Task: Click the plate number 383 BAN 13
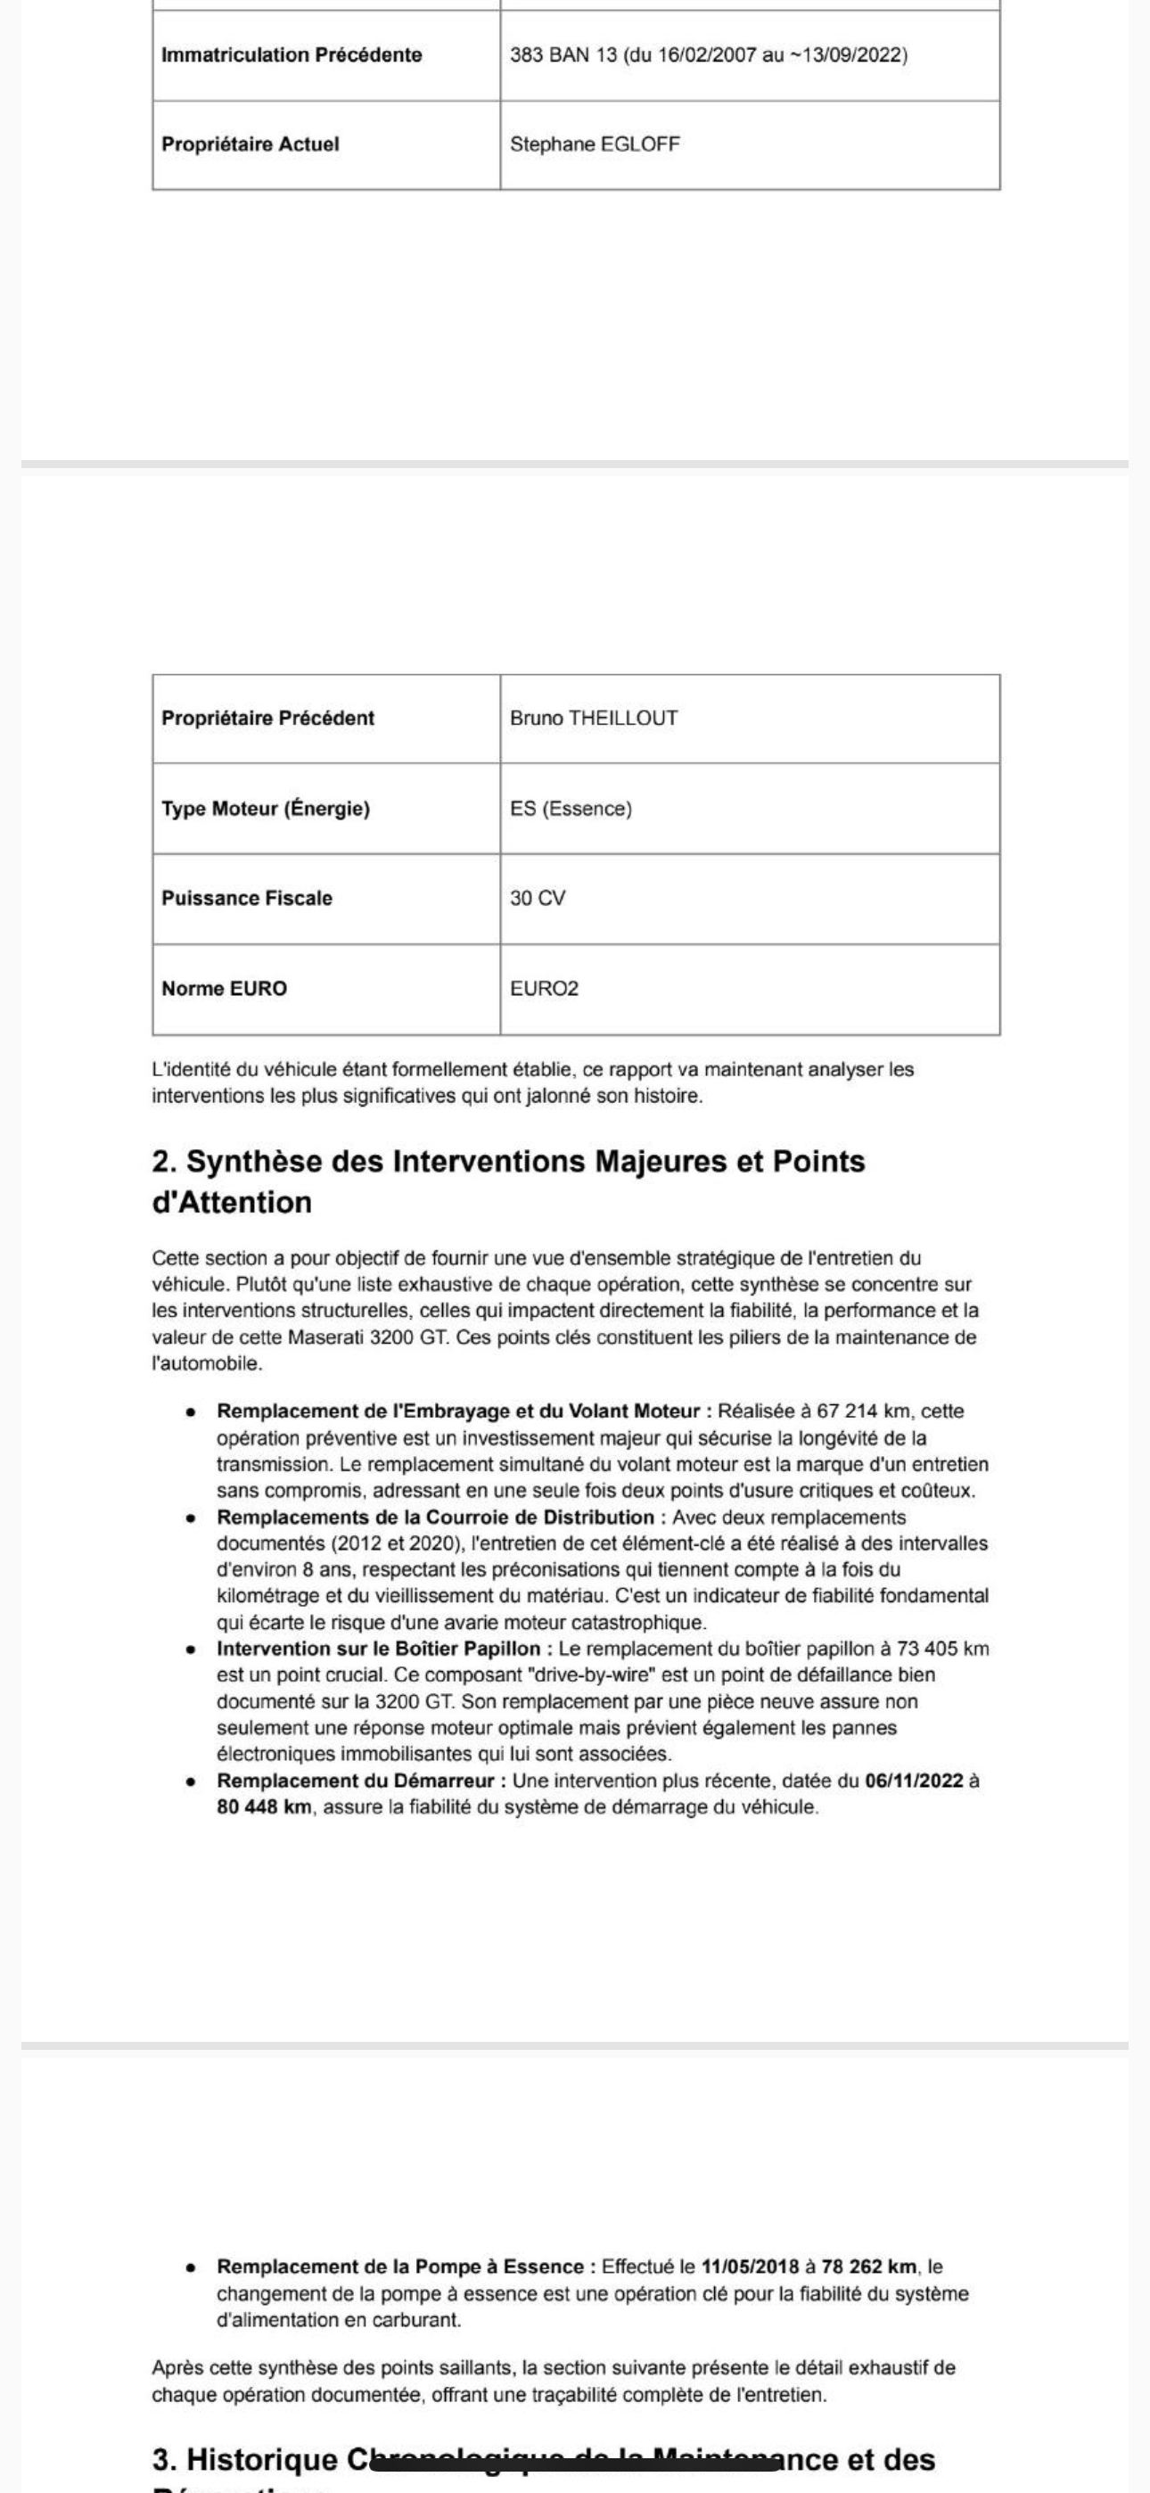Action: pos(563,55)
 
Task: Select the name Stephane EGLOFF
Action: pos(595,144)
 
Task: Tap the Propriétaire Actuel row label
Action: pos(250,144)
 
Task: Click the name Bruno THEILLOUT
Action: pos(594,718)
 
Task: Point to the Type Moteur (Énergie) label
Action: pos(266,809)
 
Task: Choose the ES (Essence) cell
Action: pos(571,809)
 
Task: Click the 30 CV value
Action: pos(538,898)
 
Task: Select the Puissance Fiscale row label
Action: pos(246,898)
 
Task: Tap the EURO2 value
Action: pos(544,988)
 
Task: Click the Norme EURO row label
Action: pos(224,988)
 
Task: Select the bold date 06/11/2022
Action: pos(914,1781)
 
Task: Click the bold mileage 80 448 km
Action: pos(263,1806)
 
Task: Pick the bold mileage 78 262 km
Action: pos(868,2267)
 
